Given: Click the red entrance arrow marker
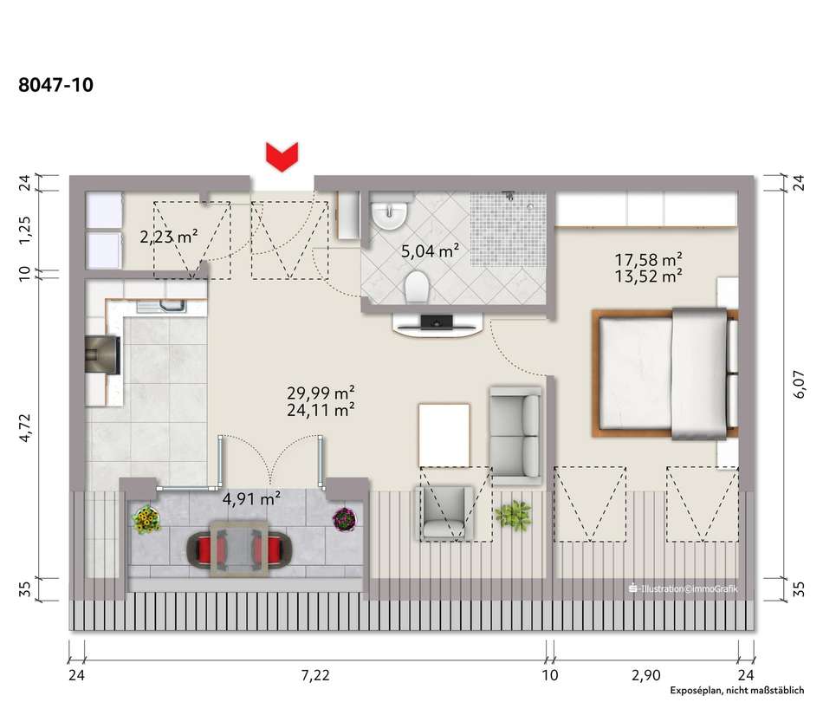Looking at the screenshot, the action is pos(282,157).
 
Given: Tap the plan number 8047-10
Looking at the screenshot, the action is pos(55,85).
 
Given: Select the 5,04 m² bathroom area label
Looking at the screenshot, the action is pos(430,251).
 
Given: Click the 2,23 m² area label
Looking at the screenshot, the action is pos(168,237).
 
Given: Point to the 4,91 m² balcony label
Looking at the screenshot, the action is pos(251,498).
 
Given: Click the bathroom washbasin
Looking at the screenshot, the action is pos(389,211).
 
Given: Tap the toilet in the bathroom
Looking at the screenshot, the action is pos(417,287).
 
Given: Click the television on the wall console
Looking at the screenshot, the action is pos(437,322).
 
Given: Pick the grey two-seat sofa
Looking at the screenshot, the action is pos(515,435).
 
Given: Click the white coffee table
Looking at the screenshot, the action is pos(444,435).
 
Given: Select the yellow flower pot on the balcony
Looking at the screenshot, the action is pos(146,518).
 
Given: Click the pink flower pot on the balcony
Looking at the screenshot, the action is pos(344,519).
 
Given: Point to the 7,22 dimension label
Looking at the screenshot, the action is pos(315,674).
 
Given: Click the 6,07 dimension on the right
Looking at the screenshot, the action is pos(799,384).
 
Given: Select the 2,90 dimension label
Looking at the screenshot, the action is pos(645,674).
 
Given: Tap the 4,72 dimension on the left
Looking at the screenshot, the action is pos(24,428).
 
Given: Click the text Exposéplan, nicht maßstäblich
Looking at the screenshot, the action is pos(737,690).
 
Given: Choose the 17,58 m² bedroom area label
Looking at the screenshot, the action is pos(648,259).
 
